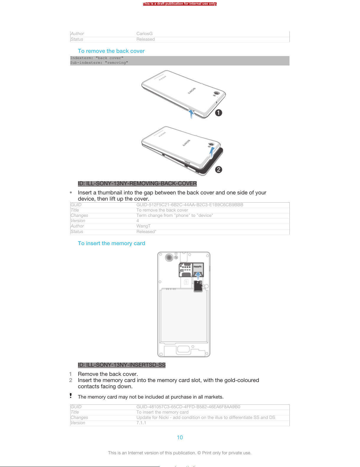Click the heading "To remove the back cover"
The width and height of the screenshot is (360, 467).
pyautogui.click(x=111, y=51)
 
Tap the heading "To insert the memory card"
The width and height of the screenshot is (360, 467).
pyautogui.click(x=111, y=243)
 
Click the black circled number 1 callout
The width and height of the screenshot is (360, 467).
pyautogui.click(x=218, y=113)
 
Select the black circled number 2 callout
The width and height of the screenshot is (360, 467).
pyautogui.click(x=218, y=170)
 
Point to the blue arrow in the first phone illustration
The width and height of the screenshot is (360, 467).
pyautogui.click(x=191, y=114)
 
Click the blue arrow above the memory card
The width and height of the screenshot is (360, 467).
pyautogui.click(x=198, y=276)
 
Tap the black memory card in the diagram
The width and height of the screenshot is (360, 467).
pyautogui.click(x=198, y=286)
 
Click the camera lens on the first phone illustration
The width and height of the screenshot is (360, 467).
pyautogui.click(x=216, y=94)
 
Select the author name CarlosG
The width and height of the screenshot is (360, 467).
pyautogui.click(x=144, y=34)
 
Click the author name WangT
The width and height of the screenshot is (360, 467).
pyautogui.click(x=143, y=226)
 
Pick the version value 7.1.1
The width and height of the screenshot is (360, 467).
pyautogui.click(x=141, y=423)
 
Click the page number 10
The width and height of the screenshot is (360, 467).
pyautogui.click(x=180, y=437)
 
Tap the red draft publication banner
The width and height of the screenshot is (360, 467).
pyautogui.click(x=180, y=4)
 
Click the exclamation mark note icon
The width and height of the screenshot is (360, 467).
pyautogui.click(x=71, y=396)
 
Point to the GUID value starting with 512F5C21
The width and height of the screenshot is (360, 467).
pyautogui.click(x=190, y=205)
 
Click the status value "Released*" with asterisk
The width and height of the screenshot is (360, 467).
pyautogui.click(x=146, y=232)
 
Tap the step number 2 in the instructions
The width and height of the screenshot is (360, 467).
pyautogui.click(x=71, y=380)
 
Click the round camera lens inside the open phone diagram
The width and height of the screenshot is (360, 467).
pyautogui.click(x=169, y=258)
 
